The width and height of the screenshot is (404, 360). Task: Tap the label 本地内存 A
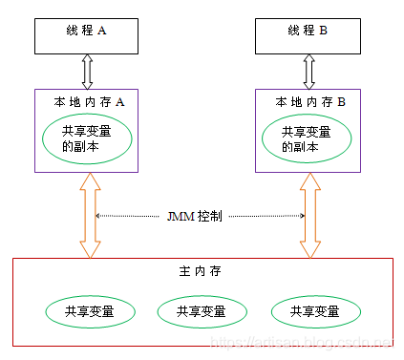[88, 100]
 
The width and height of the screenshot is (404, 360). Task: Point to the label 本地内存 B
[309, 100]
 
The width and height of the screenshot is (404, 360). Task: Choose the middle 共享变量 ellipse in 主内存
[202, 311]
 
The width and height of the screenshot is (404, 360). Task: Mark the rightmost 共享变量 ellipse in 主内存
[317, 311]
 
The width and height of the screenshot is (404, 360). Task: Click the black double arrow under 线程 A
[89, 71]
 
